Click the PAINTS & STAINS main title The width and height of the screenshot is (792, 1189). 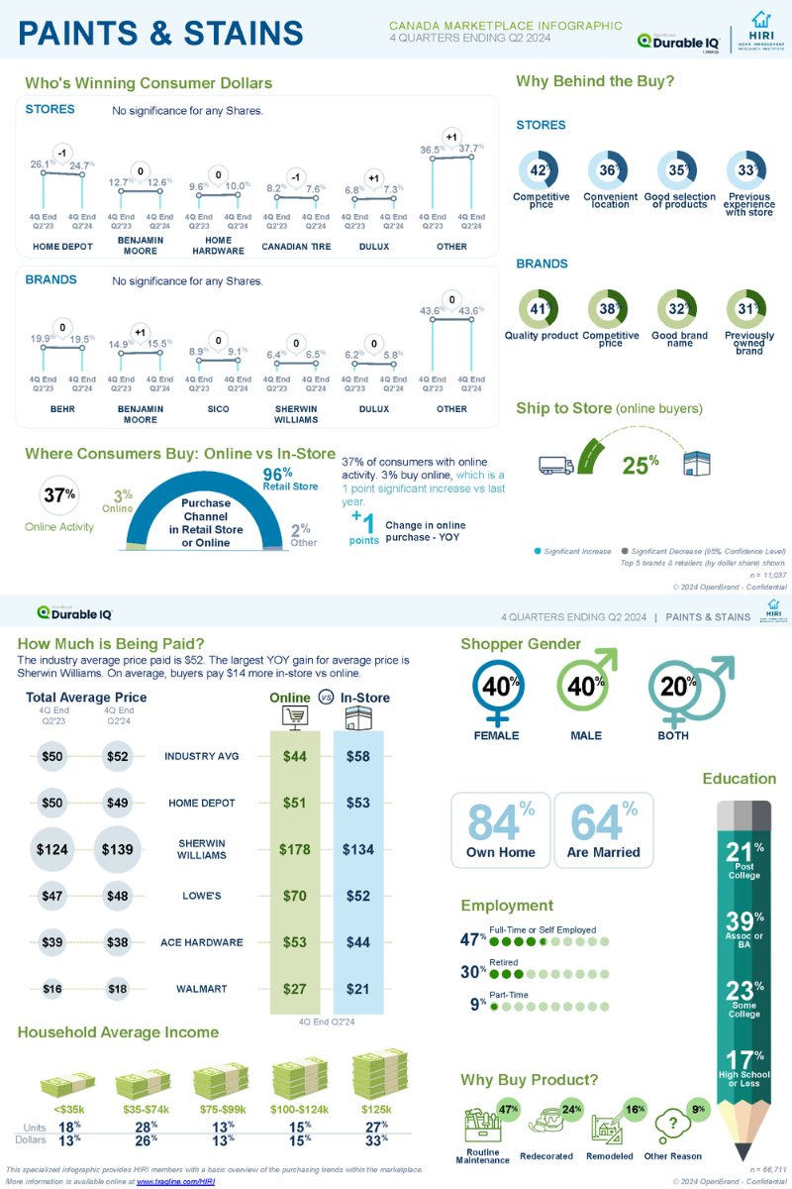[x=161, y=32]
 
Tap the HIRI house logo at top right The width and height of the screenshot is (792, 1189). [x=760, y=19]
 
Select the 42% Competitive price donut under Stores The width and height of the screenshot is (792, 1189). [x=541, y=170]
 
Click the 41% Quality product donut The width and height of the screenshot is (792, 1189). [x=541, y=309]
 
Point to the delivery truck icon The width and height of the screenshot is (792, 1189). [x=556, y=464]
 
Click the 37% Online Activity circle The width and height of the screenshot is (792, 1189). [x=58, y=494]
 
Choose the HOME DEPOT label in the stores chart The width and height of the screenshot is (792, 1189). [x=62, y=247]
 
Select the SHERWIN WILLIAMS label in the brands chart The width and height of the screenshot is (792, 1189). [x=296, y=414]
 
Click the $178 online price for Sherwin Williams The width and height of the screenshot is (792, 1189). [x=295, y=849]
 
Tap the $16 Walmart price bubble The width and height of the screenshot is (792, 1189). [x=50, y=988]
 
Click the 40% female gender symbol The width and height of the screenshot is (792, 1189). [x=496, y=686]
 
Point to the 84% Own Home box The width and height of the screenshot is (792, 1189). [x=500, y=828]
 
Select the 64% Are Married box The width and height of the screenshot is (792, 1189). [x=603, y=828]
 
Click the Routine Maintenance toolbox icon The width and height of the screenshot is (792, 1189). [x=483, y=1127]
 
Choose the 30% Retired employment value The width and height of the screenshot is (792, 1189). [x=472, y=972]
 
